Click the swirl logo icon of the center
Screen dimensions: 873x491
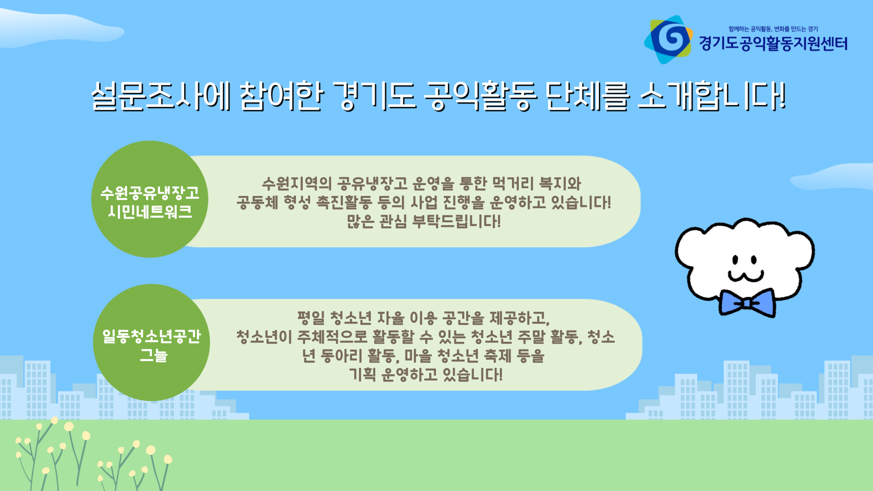coord(668,40)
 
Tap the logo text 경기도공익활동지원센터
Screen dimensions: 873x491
coord(773,44)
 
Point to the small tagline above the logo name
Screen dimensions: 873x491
coord(773,29)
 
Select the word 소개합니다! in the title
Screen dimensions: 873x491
coord(712,96)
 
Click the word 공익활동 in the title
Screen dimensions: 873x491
coord(481,96)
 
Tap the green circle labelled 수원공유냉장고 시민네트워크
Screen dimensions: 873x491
coord(150,199)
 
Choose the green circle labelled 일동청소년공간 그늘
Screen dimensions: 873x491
coord(151,342)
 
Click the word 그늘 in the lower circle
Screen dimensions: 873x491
coord(154,355)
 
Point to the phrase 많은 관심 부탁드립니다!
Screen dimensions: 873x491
coord(424,221)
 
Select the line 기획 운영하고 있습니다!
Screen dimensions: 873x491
coord(426,374)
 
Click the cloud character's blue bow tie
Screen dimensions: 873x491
coord(747,302)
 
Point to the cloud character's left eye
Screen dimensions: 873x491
coord(735,260)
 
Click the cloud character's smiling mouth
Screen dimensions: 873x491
coord(746,276)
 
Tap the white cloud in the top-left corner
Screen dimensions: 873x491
coord(59,27)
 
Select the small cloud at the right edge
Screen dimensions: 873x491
coord(832,177)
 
